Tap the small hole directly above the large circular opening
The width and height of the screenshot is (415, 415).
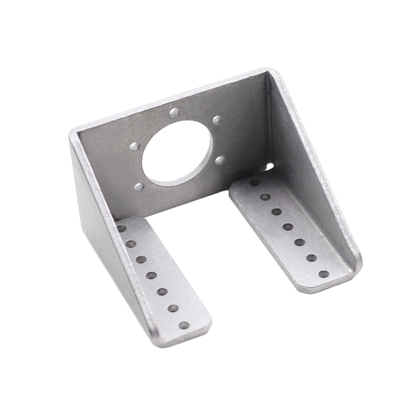(x=174, y=112)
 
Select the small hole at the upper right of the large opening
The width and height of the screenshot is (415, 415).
(x=217, y=120)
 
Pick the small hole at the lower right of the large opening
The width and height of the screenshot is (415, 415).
(x=220, y=160)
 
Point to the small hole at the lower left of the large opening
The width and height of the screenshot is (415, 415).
(x=139, y=187)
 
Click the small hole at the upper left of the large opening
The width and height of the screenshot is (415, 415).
(x=135, y=146)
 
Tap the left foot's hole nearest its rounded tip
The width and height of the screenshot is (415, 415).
(x=184, y=325)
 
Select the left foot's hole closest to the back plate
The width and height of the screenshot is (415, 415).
(x=121, y=229)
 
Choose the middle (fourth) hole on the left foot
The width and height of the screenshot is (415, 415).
(x=151, y=275)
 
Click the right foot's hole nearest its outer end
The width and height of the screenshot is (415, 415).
(x=323, y=274)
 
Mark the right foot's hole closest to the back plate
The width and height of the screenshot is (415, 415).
(x=254, y=182)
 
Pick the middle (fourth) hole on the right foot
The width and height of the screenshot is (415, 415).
(x=288, y=227)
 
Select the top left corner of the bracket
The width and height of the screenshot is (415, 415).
(x=74, y=133)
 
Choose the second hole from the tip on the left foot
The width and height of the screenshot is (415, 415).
(x=173, y=308)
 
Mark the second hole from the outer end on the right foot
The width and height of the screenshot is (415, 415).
(x=312, y=258)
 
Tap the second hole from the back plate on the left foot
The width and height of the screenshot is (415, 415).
(x=131, y=244)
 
